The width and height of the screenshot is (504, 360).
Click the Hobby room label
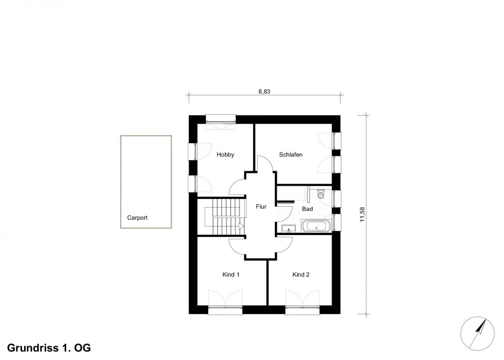(x=225, y=155)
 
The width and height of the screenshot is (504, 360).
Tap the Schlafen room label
(x=291, y=155)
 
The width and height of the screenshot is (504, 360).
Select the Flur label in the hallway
(x=261, y=207)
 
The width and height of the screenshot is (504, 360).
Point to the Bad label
(x=307, y=209)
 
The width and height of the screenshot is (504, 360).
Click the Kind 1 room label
(x=231, y=274)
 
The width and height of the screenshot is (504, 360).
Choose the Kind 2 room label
(x=301, y=274)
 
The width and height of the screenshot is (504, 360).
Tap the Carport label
(x=137, y=218)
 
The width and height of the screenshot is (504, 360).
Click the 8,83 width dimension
(x=264, y=91)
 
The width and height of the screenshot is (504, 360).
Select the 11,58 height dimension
(x=363, y=214)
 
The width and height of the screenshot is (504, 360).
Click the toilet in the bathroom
(x=321, y=194)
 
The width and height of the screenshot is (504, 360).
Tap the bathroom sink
(x=289, y=229)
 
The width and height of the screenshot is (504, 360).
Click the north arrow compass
(x=477, y=333)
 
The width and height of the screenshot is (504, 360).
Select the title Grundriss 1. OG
(x=49, y=348)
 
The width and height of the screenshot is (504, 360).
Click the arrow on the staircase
(x=241, y=226)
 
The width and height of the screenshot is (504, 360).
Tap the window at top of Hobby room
(x=221, y=119)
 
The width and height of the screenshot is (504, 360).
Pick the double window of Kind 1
(x=225, y=310)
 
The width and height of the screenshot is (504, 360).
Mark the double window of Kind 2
(x=302, y=310)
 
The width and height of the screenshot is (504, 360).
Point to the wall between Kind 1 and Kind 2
(x=267, y=282)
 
